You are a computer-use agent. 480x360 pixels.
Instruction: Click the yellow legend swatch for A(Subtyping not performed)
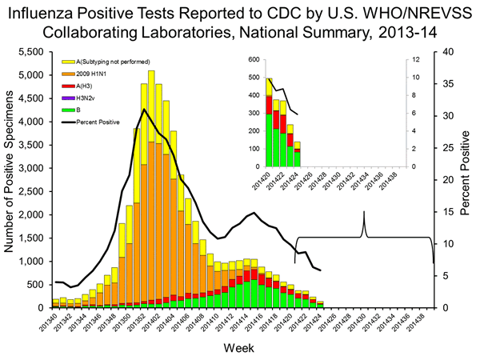(66, 62)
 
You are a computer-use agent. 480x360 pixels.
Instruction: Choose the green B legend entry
(66, 110)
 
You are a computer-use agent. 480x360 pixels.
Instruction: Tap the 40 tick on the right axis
(446, 51)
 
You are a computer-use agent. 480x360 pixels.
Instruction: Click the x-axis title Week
(240, 350)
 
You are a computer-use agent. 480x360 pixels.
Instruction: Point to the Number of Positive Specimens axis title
(10, 179)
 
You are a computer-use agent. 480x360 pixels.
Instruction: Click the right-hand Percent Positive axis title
(466, 179)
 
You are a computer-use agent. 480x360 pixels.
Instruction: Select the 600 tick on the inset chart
(254, 60)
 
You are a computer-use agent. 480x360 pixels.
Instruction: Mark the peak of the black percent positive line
(144, 109)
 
